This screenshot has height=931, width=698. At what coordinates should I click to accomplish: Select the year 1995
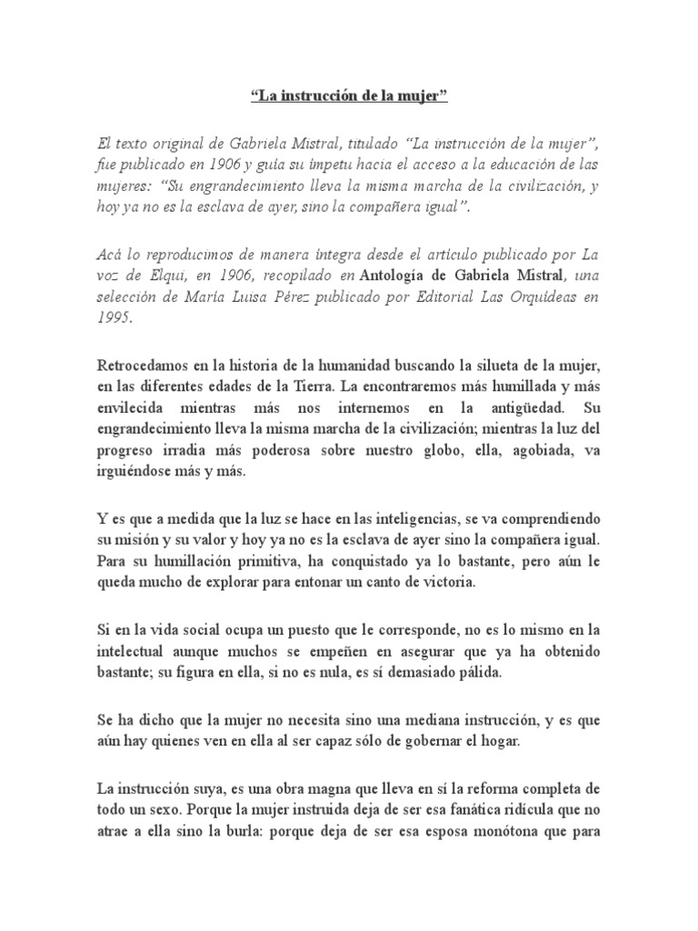point(114,317)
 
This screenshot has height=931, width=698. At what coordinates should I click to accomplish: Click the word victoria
point(448,582)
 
